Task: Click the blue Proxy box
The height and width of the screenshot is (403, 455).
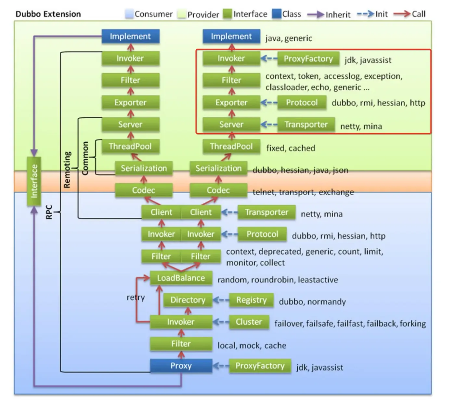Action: click(181, 366)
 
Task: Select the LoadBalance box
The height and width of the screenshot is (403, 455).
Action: click(181, 278)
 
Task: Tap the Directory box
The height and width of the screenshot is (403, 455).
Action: click(188, 300)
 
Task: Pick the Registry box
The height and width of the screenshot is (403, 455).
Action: click(251, 300)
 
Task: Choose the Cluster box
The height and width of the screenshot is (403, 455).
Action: click(249, 322)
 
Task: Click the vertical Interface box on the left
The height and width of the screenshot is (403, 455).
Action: click(34, 181)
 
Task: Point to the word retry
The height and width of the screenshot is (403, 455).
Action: click(136, 297)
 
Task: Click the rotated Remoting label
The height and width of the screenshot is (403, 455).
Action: click(67, 170)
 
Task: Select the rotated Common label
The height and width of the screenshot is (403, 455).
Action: click(85, 158)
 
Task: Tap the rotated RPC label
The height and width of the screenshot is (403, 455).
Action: click(49, 212)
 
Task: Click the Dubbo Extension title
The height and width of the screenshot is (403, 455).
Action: click(48, 14)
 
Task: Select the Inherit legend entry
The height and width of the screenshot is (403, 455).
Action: click(338, 14)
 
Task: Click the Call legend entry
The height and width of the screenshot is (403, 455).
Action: click(418, 14)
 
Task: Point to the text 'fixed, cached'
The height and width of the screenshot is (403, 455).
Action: click(291, 148)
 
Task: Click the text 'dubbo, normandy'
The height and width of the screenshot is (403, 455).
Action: click(312, 302)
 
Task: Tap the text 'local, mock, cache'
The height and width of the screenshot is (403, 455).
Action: click(252, 345)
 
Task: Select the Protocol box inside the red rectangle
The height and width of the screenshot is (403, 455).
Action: click(302, 103)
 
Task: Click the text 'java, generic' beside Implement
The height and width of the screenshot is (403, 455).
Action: click(289, 38)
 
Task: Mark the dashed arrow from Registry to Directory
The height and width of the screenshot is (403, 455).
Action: click(221, 300)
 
